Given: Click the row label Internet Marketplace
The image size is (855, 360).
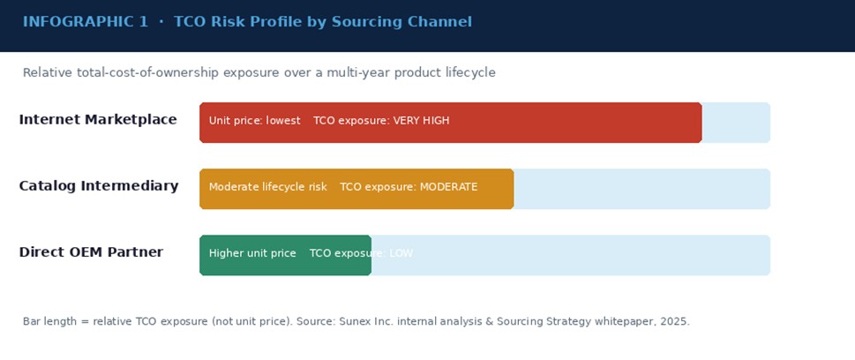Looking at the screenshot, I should pyautogui.click(x=98, y=120).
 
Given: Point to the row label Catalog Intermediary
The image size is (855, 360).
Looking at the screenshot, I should pyautogui.click(x=99, y=186).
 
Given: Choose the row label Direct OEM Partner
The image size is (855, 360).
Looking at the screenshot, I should pyautogui.click(x=91, y=252).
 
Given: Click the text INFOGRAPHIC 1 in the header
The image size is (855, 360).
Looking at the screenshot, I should pyautogui.click(x=86, y=22).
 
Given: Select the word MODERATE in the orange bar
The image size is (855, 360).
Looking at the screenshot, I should pyautogui.click(x=448, y=187).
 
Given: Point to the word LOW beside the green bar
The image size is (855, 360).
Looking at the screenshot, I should pyautogui.click(x=401, y=253).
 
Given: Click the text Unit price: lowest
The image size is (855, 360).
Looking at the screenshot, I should pyautogui.click(x=254, y=121).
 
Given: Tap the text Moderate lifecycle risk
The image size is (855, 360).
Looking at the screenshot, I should pyautogui.click(x=267, y=187).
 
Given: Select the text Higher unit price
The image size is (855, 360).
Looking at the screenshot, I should pyautogui.click(x=252, y=253).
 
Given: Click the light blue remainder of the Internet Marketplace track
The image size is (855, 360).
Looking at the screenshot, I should pyautogui.click(x=736, y=122).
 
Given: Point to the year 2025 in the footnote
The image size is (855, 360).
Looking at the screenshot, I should pyautogui.click(x=674, y=322).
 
